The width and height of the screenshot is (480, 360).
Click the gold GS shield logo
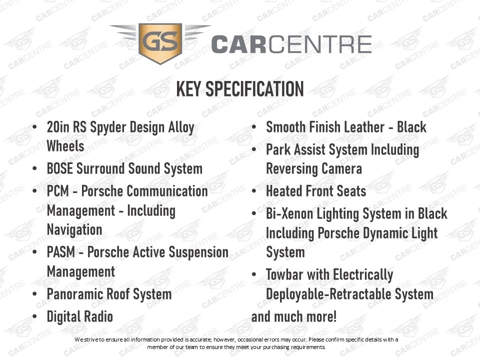click(160, 43)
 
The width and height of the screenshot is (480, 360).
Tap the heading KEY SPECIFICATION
click(240, 89)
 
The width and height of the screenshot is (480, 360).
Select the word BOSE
click(59, 168)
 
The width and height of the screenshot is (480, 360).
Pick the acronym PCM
click(58, 191)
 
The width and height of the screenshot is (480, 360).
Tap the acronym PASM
click(61, 252)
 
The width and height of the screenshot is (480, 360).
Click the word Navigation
click(74, 230)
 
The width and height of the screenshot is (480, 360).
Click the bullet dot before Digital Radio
click(34, 316)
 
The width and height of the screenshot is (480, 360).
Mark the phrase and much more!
click(294, 317)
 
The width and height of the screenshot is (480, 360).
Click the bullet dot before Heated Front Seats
click(254, 191)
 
